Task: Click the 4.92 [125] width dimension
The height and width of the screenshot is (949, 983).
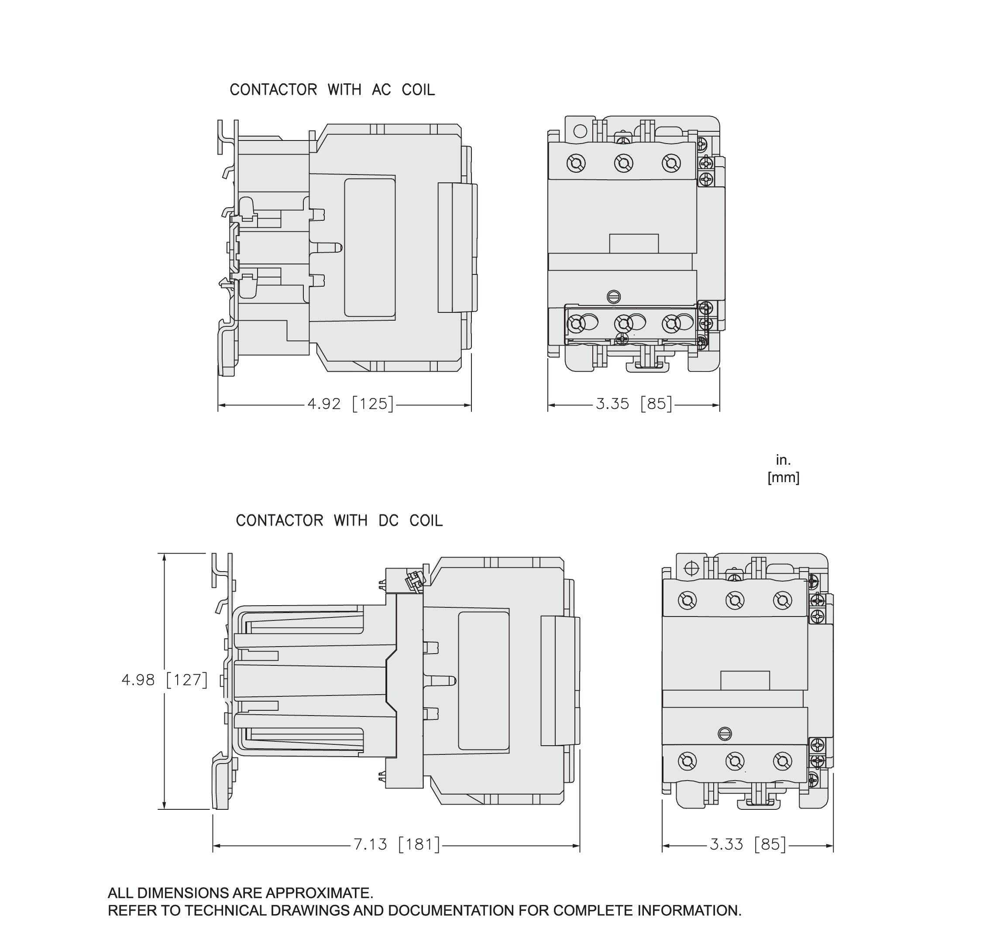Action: click(x=350, y=404)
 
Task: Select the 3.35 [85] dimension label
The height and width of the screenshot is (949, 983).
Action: click(x=633, y=404)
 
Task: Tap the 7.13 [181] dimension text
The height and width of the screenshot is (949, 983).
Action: click(x=396, y=844)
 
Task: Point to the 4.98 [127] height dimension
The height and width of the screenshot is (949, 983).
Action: click(x=165, y=680)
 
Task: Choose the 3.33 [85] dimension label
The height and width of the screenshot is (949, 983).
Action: click(x=747, y=844)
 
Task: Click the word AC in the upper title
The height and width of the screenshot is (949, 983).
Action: click(x=381, y=90)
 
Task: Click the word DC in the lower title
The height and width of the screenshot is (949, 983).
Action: click(x=388, y=521)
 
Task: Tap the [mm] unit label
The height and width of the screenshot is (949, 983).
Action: click(x=783, y=477)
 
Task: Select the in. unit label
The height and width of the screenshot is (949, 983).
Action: click(x=783, y=460)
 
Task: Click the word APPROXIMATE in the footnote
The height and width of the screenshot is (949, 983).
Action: click(x=319, y=893)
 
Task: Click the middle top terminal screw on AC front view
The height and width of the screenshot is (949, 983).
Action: click(x=623, y=163)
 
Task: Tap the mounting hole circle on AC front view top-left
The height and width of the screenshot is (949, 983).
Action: click(x=580, y=131)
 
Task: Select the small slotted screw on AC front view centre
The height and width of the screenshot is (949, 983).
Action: click(x=613, y=296)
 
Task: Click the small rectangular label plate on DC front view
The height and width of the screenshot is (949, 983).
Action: click(x=745, y=680)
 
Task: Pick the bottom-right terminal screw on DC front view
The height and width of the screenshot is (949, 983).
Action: click(x=782, y=761)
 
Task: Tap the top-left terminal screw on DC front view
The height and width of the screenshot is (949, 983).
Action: click(x=687, y=600)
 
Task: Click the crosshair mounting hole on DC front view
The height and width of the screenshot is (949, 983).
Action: click(x=691, y=568)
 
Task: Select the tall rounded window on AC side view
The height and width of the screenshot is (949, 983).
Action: click(x=370, y=248)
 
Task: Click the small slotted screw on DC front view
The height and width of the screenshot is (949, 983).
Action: click(x=725, y=733)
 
